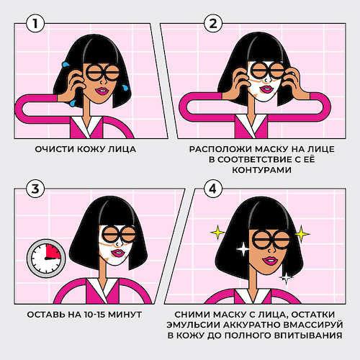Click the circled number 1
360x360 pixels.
35,23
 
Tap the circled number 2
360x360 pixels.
213,23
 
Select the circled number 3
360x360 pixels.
35,189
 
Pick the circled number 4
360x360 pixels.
213,189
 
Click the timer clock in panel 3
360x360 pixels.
46,258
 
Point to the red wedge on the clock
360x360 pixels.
53,251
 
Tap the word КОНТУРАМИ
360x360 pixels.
261,170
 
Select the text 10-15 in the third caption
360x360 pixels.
95,315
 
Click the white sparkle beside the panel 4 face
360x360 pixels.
243,249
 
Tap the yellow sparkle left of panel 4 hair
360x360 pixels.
217,233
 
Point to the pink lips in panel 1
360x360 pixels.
102,91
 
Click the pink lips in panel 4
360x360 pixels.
269,261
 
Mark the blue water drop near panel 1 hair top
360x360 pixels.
66,64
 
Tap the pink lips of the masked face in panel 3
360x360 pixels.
117,253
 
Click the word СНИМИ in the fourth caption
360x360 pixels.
189,315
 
